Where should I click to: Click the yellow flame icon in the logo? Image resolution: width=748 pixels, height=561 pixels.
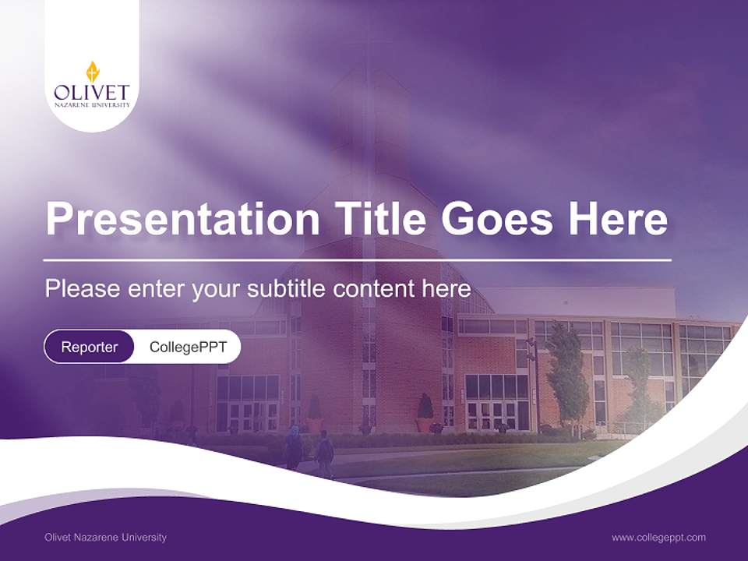coord(92,72)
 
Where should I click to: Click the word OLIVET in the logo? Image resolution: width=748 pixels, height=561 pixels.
coord(92,92)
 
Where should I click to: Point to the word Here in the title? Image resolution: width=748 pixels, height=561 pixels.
coord(617,218)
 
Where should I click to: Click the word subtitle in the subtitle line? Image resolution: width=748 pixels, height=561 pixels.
coord(287,289)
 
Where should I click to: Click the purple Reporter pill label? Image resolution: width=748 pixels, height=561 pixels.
coord(90,347)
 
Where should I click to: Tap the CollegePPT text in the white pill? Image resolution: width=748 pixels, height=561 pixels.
coord(188,347)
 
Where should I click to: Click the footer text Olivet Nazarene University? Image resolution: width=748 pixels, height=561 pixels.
coord(106,537)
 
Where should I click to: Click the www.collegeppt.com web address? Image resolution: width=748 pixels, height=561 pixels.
coord(658,537)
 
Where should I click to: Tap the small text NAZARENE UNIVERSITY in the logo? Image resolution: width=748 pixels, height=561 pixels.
coord(92,104)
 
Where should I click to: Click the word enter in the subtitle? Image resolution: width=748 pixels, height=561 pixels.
coord(157,289)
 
